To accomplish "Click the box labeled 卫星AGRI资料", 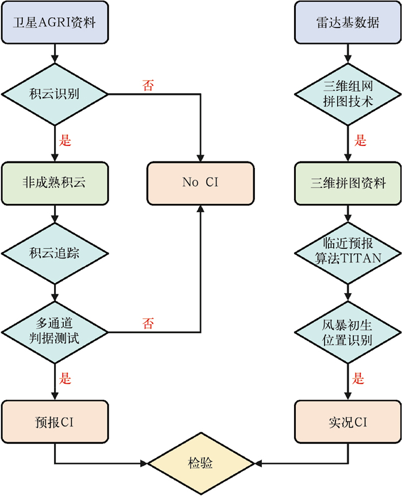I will point(55,22).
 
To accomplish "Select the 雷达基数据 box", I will point(347,22).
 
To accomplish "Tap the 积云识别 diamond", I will point(55,93).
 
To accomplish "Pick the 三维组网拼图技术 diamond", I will point(347,93).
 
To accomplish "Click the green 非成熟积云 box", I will point(55,183).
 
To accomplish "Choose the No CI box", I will point(200,183).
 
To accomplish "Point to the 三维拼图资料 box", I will point(347,183).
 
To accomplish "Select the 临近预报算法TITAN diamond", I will point(347,253).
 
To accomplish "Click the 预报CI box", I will point(55,423).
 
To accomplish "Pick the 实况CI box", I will point(347,423).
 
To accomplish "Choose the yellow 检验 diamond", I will point(200,462).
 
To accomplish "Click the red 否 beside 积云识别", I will point(148,85).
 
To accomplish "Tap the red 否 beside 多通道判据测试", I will point(148,324).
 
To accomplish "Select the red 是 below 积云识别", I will point(65,140).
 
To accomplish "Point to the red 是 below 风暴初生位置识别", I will point(358,379).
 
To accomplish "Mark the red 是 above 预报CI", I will point(65,379).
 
